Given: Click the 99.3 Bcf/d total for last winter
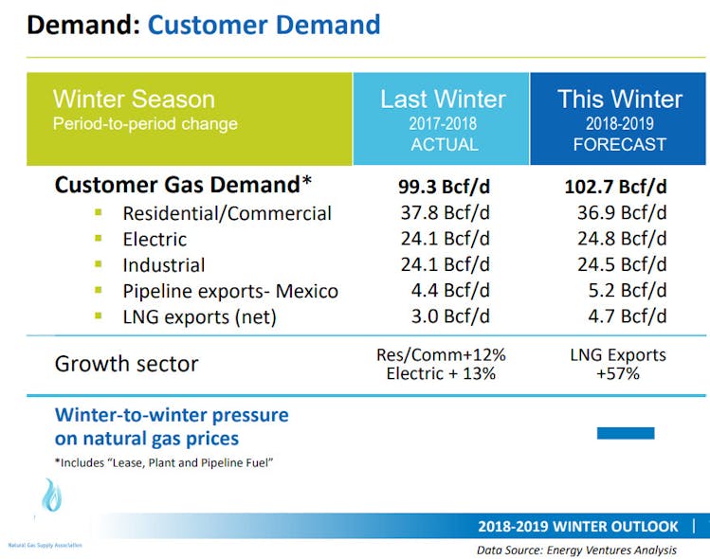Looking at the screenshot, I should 444,186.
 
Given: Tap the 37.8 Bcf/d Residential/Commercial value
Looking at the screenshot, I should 444,213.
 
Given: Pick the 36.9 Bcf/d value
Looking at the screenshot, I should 622,213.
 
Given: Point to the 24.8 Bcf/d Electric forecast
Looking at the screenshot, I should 622,239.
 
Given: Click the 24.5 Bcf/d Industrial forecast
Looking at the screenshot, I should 622,264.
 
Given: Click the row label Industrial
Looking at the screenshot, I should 164,265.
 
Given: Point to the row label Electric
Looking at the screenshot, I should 155,240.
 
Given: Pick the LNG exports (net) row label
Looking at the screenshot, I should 199,316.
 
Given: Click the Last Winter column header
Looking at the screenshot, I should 443,100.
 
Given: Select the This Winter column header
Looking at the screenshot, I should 620,100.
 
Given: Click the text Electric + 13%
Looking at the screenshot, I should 441,374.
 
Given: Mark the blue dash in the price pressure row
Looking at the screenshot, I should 625,433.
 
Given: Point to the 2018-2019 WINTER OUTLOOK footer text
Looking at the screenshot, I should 578,527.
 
